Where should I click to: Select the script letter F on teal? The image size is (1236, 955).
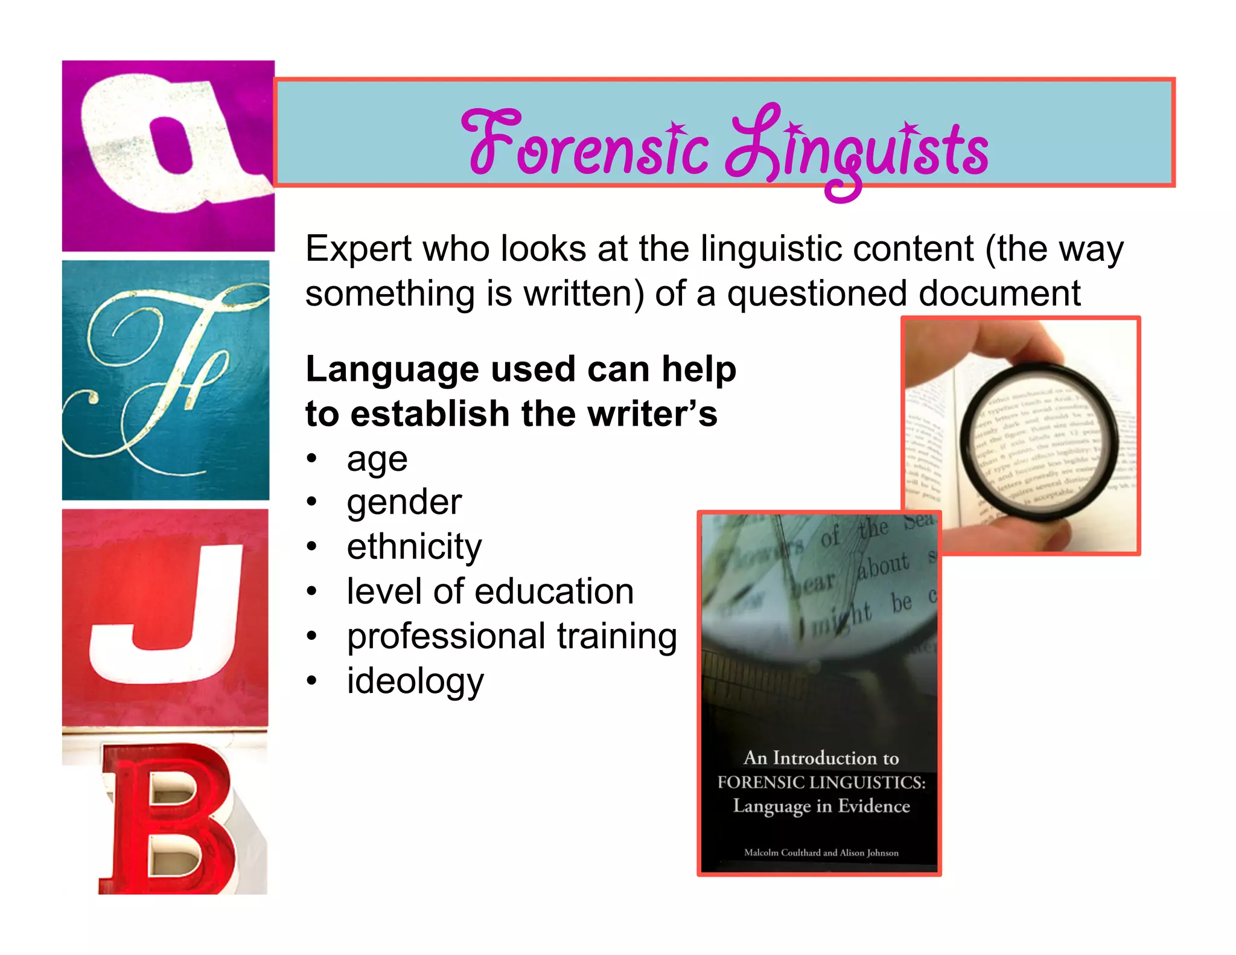click(163, 380)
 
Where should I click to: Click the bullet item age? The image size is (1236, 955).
click(377, 460)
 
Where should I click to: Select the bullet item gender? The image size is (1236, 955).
click(404, 503)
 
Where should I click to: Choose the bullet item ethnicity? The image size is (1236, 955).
click(414, 547)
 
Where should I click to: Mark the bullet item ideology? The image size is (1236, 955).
click(415, 682)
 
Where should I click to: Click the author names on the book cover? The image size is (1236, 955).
click(821, 853)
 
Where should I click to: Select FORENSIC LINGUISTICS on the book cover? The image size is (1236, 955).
click(821, 782)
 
